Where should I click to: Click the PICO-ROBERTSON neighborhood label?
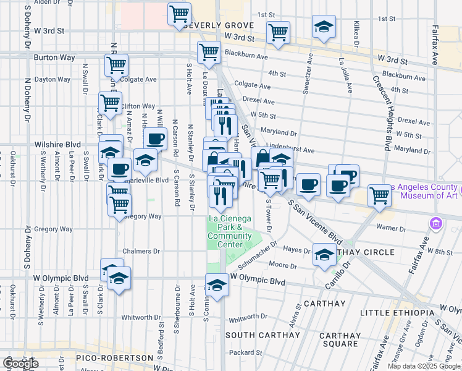click(114, 358)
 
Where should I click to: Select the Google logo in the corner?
click(20, 364)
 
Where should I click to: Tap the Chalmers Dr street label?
click(141, 251)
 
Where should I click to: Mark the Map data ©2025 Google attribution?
click(424, 366)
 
